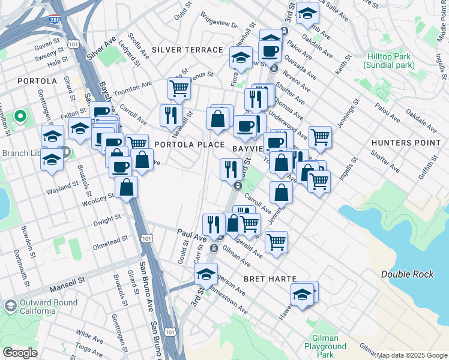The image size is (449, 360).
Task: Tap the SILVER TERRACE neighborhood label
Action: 187,50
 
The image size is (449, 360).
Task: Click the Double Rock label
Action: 406,274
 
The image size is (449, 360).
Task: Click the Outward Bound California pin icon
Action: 10,306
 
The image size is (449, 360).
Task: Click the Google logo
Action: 20,353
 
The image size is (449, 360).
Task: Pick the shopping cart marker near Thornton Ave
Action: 179,89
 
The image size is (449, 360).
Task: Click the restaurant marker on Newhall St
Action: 171,115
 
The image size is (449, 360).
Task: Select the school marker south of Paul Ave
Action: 206,274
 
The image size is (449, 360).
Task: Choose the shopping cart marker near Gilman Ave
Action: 276,242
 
